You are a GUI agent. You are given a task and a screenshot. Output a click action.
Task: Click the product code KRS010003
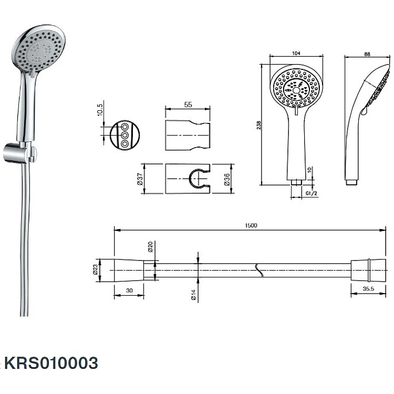click(x=51, y=363)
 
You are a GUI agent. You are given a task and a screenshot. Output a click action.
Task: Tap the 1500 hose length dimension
click(x=251, y=225)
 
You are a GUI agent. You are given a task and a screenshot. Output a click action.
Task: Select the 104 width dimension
click(x=296, y=53)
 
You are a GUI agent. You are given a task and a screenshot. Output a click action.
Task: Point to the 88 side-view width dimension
click(x=367, y=54)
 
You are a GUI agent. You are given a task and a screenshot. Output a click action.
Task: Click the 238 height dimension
click(x=259, y=125)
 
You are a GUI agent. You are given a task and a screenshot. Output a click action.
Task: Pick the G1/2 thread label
click(x=312, y=193)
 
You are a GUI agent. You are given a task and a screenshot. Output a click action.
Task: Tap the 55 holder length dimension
click(x=188, y=105)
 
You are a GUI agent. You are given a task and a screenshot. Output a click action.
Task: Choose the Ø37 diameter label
click(x=140, y=179)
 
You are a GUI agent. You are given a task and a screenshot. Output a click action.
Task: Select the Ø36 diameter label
click(x=227, y=180)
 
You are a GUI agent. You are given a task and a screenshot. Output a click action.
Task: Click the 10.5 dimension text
click(x=100, y=110)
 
